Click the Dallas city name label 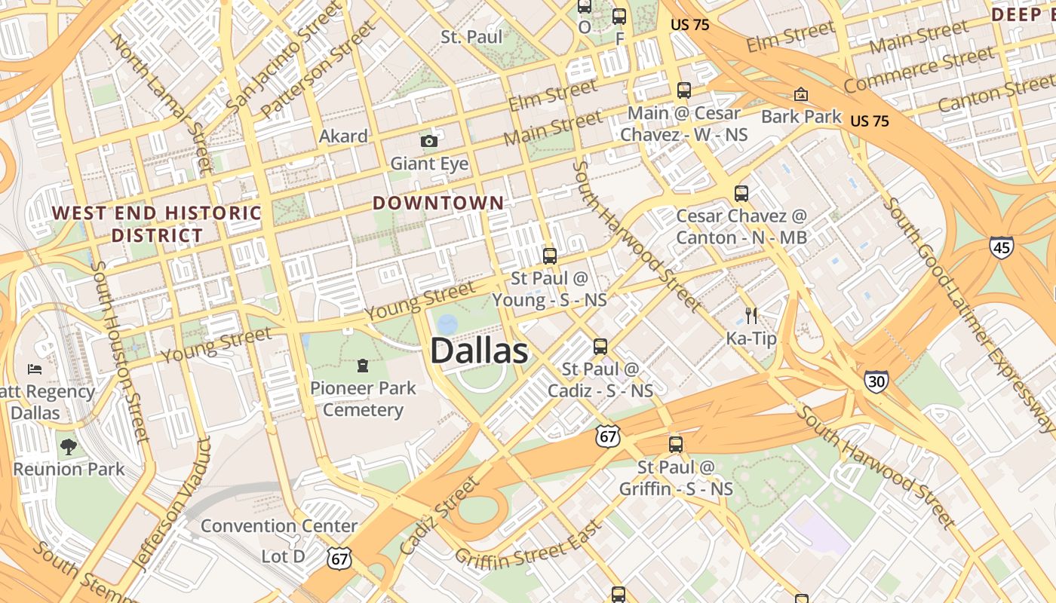click(479, 351)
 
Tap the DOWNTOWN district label click(438, 203)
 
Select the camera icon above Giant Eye click(429, 141)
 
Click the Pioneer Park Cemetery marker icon click(363, 366)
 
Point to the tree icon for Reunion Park click(69, 447)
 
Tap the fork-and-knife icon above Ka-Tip click(751, 315)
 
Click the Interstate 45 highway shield click(1002, 246)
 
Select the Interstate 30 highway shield click(876, 381)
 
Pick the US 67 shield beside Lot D click(339, 558)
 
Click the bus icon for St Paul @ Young click(550, 256)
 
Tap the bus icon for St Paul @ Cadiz click(600, 347)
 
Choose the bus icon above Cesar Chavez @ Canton click(741, 194)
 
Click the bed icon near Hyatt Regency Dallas click(35, 369)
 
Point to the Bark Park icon click(800, 95)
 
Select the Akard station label click(343, 136)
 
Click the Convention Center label click(279, 525)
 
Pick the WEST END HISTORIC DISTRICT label click(157, 224)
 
